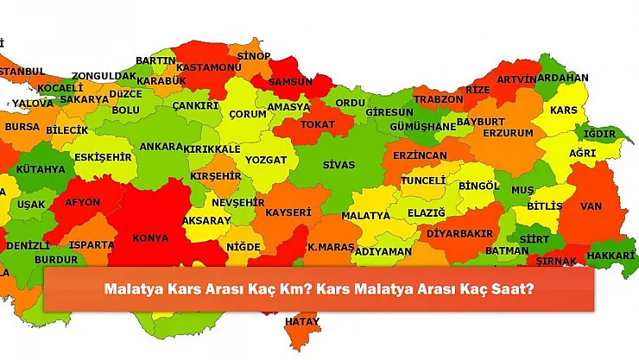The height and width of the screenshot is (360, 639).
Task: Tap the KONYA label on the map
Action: coord(151,237)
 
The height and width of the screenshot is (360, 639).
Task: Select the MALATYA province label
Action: coord(365,214)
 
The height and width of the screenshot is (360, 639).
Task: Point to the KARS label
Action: coord(563,111)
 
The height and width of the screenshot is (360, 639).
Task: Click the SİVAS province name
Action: coord(338,164)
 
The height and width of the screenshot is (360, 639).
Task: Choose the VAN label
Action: coord(591,205)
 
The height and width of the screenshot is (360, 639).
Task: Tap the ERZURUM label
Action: coord(508,133)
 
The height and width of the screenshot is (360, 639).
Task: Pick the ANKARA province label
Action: coord(161,147)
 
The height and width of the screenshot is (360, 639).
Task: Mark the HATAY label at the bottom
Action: coord(302,321)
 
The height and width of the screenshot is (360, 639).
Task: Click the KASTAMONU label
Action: coord(209,67)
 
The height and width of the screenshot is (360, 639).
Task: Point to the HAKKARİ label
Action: coord(611,256)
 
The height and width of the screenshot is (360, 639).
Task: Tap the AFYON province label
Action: coord(82,203)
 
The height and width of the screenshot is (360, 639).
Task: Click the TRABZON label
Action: coord(439,99)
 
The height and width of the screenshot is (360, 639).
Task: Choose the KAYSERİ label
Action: coord(288,212)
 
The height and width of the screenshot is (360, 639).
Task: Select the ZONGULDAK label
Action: coord(104,76)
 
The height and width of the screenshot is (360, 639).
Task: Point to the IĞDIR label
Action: coord(599,134)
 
